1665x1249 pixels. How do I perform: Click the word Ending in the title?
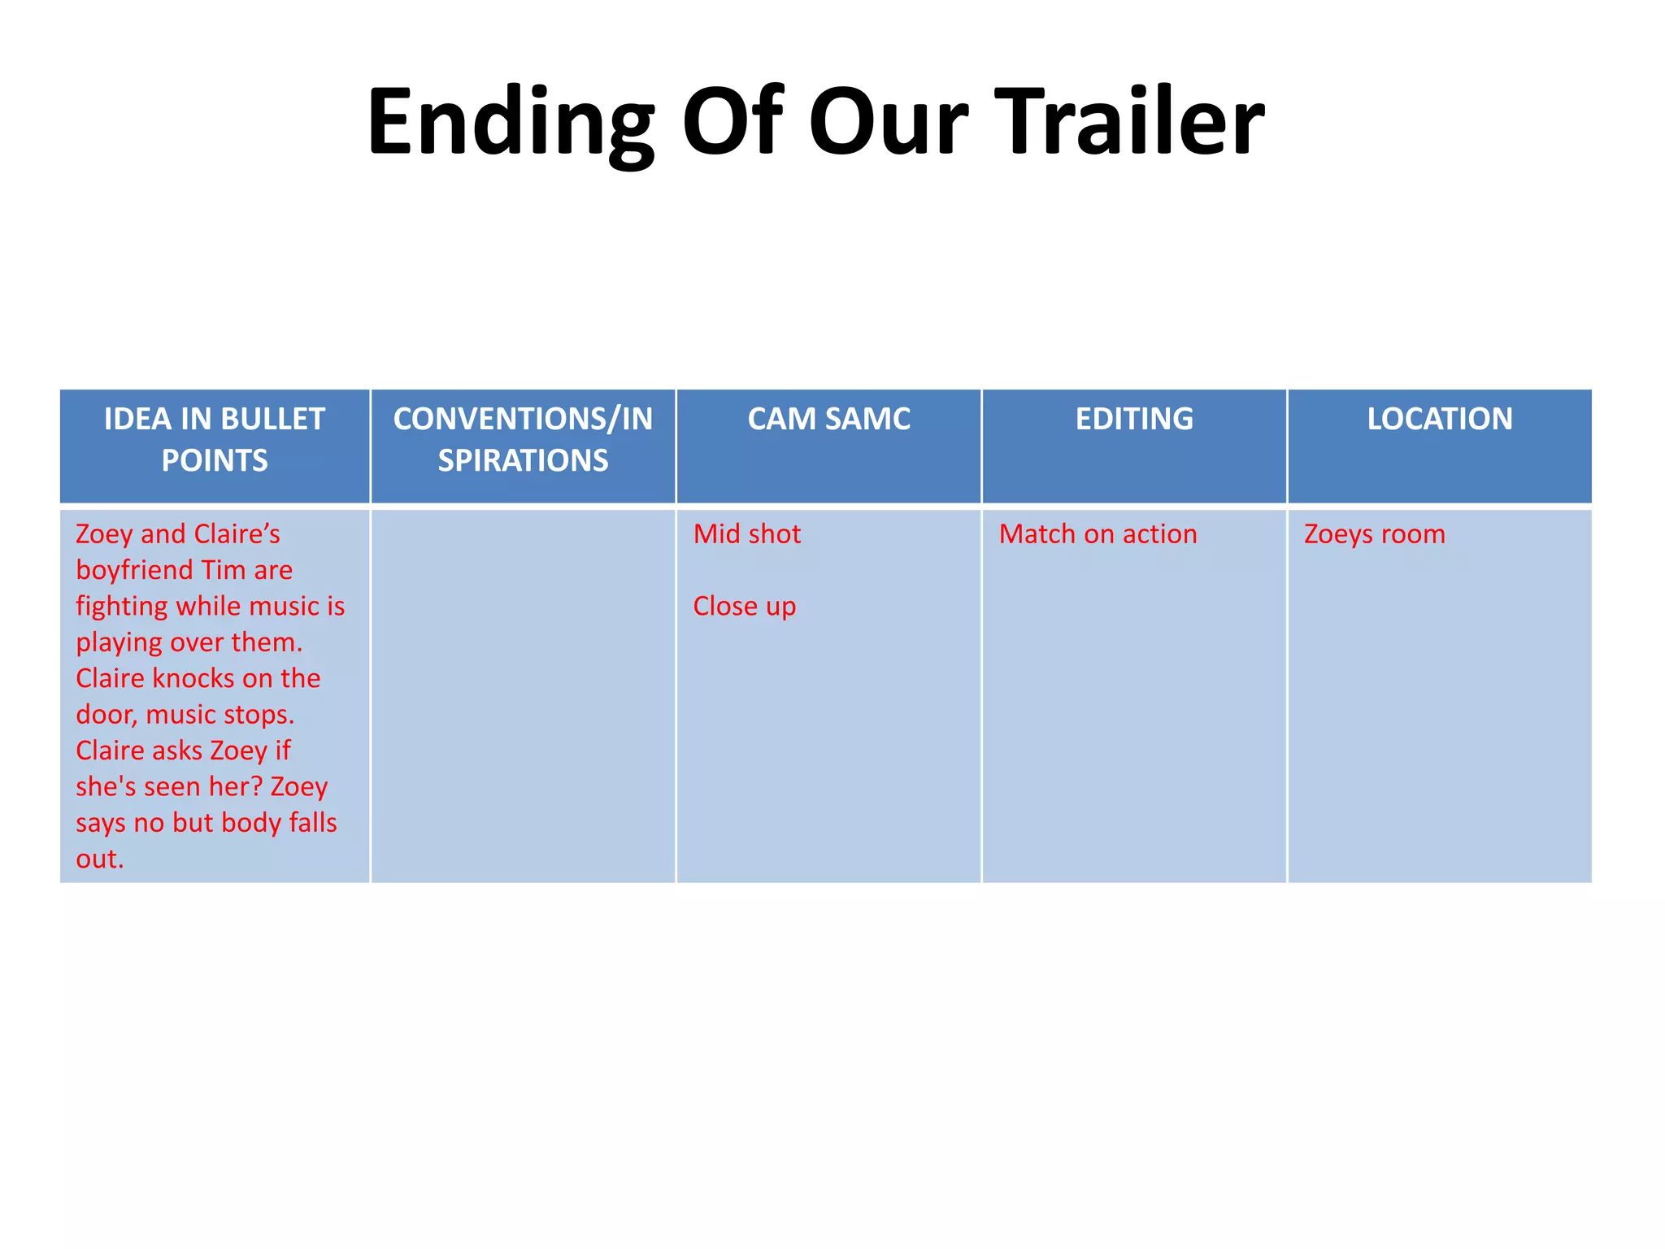click(511, 122)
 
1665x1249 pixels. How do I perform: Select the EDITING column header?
click(1134, 419)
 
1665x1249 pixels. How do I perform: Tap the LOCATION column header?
click(1439, 419)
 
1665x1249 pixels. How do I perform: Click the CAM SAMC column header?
click(828, 419)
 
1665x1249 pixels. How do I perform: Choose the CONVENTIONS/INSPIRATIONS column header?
click(523, 439)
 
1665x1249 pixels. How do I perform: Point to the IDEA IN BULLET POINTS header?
click(215, 439)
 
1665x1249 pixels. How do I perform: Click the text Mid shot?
click(746, 534)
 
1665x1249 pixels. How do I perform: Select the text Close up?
click(744, 607)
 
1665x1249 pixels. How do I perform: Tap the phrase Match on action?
click(1098, 534)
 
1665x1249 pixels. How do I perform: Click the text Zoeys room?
click(1374, 534)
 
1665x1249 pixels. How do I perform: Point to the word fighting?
click(122, 607)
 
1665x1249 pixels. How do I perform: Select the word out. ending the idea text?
click(99, 859)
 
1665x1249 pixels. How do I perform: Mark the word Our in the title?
click(888, 122)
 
